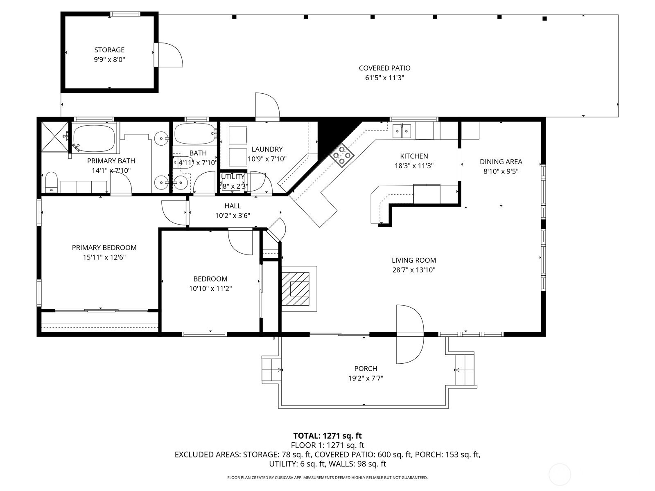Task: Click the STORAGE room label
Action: click(109, 50)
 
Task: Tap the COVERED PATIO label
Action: click(384, 68)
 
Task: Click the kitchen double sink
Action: click(402, 131)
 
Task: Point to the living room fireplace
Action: click(299, 289)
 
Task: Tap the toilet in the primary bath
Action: click(51, 182)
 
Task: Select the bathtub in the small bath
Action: click(195, 134)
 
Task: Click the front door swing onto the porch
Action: click(410, 334)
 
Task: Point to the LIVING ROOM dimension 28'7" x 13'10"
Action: click(414, 270)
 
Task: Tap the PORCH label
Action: click(366, 369)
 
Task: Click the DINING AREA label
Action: click(501, 162)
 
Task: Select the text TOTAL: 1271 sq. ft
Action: click(327, 436)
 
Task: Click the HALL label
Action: click(233, 206)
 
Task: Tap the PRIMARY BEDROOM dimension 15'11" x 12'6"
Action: click(104, 257)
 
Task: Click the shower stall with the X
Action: click(54, 136)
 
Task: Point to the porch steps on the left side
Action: click(271, 369)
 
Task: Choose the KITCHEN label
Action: click(414, 156)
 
